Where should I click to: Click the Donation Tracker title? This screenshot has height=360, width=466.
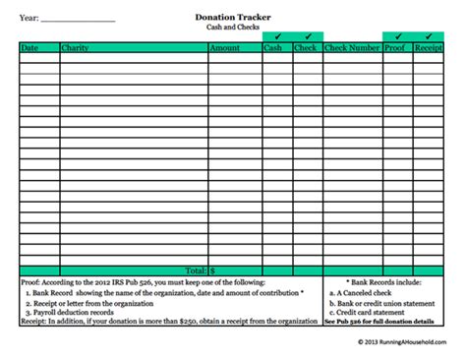pyautogui.click(x=232, y=17)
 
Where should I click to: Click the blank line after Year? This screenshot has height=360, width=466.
pyautogui.click(x=80, y=20)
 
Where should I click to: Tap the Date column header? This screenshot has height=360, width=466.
pyautogui.click(x=29, y=47)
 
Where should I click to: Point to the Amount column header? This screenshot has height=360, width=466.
pyautogui.click(x=224, y=47)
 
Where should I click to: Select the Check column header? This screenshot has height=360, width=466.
pyautogui.click(x=306, y=47)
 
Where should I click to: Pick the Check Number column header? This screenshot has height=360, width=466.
pyautogui.click(x=351, y=47)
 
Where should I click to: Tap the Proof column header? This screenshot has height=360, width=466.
pyautogui.click(x=395, y=47)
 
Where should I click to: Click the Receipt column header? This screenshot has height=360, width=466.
pyautogui.click(x=428, y=47)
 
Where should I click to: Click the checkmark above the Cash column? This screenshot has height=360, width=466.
pyautogui.click(x=276, y=36)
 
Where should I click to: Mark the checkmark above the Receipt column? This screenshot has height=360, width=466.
pyautogui.click(x=428, y=36)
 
